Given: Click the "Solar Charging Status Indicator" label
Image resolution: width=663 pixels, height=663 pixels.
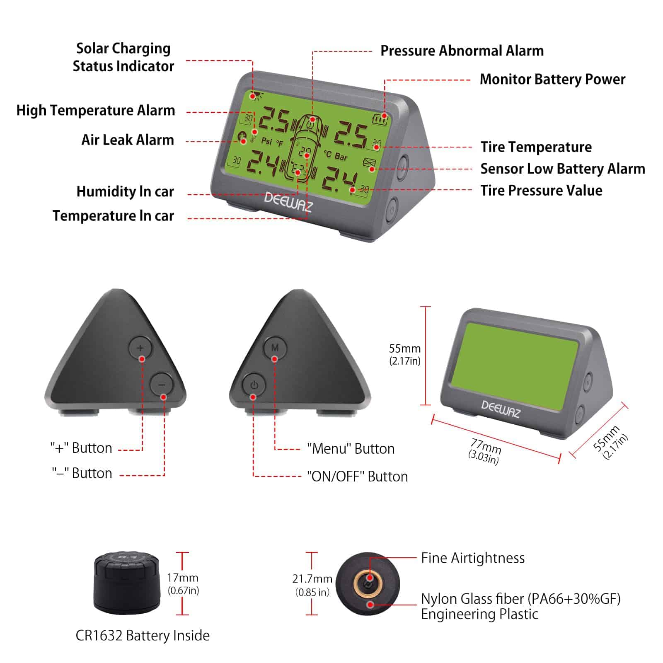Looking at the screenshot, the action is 123,57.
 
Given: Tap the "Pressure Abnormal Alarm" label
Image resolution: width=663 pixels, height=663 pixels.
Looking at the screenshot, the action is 462,51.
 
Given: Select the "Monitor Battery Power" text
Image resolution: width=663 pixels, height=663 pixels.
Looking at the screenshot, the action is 552,79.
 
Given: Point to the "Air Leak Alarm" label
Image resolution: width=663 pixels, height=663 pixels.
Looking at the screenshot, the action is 128,140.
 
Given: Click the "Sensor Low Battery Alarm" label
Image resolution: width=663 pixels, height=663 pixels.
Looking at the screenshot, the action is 563,169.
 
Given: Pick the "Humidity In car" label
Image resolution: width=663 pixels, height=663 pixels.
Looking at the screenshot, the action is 125,191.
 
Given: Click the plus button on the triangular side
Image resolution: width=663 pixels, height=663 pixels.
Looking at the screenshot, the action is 140,348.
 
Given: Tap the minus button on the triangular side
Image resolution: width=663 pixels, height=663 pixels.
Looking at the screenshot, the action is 162,385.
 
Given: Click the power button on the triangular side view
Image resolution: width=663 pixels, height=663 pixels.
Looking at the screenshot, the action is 254,385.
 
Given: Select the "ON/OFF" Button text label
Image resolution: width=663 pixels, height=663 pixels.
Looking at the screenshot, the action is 357,477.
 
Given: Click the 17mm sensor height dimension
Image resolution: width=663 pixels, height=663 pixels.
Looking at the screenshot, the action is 183,583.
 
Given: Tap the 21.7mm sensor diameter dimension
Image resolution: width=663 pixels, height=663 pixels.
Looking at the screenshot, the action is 312,585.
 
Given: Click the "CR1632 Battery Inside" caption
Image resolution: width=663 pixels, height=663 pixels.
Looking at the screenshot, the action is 143,635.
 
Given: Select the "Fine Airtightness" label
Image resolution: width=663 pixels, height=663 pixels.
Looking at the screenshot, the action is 473,558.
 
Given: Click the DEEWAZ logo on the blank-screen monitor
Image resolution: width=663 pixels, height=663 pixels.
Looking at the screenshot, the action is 501,409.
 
